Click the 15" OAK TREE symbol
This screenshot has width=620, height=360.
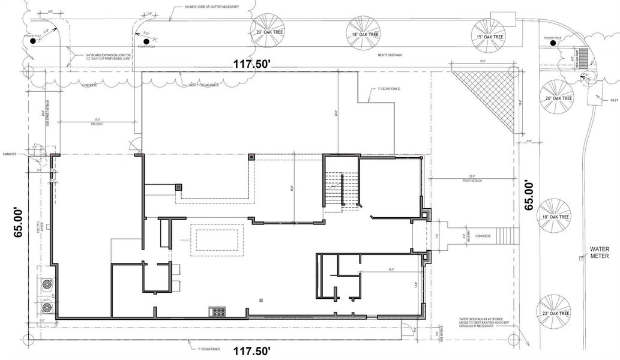pos(488,32)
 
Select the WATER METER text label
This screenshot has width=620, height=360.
pos(599,253)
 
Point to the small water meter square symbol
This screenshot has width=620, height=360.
pos(580,259)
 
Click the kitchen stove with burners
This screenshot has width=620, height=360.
pos(217,311)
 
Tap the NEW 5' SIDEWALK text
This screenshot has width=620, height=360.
pos(388,56)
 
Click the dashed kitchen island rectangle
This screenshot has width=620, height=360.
pos(217,240)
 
